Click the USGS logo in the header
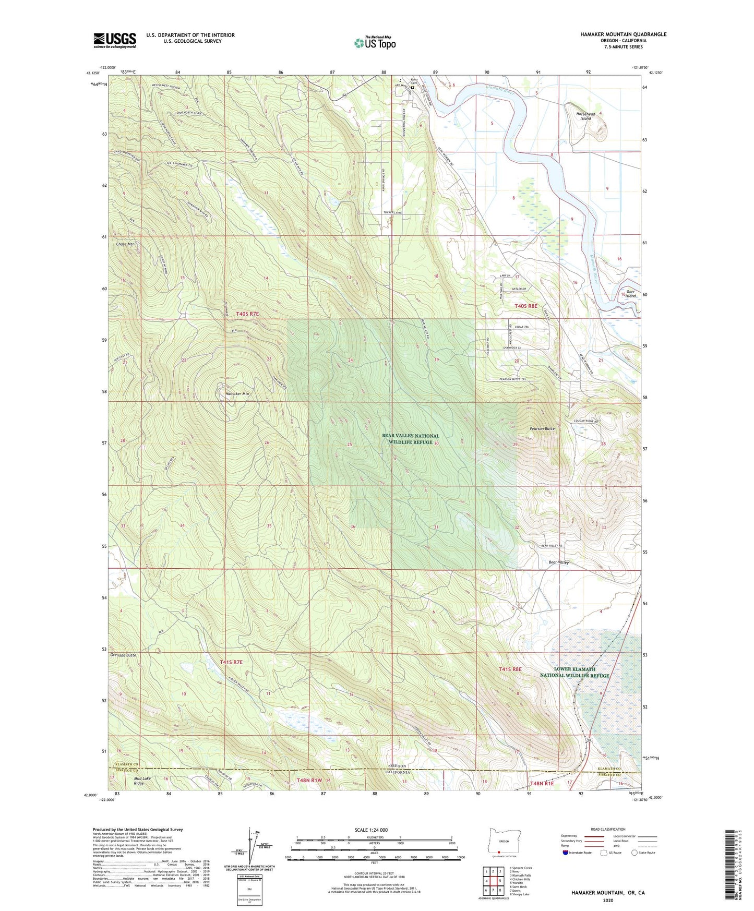pyautogui.click(x=115, y=40)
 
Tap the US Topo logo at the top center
pyautogui.click(x=375, y=43)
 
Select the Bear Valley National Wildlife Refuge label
pyautogui.click(x=411, y=439)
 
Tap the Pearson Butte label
pyautogui.click(x=542, y=428)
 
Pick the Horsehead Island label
pyautogui.click(x=585, y=116)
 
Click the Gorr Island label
pyautogui.click(x=631, y=294)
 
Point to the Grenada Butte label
pyautogui.click(x=123, y=655)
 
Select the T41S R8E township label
pyautogui.click(x=510, y=669)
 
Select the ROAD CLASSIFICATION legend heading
pyautogui.click(x=608, y=829)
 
